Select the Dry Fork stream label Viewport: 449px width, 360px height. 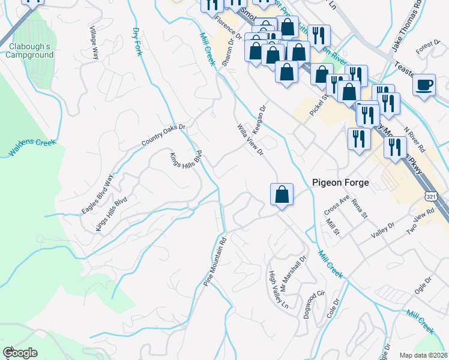[137, 41]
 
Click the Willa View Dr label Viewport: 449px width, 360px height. [250, 139]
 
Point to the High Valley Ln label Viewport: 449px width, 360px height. [280, 290]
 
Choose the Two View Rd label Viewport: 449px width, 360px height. [420, 223]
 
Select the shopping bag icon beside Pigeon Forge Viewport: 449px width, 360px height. [282, 194]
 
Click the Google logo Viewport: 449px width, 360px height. [19, 353]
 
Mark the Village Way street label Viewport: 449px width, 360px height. [94, 42]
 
